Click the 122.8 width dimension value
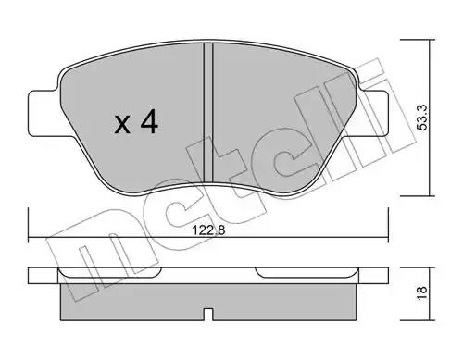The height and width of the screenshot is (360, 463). click(208, 230)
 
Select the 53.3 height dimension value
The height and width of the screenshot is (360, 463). click(422, 118)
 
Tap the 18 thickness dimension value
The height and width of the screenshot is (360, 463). click(422, 292)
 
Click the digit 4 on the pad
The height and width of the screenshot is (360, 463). click(149, 122)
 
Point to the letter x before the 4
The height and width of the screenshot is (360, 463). click(122, 125)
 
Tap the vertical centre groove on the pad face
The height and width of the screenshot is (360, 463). click(208, 113)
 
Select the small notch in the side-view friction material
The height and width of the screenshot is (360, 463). click(208, 315)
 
